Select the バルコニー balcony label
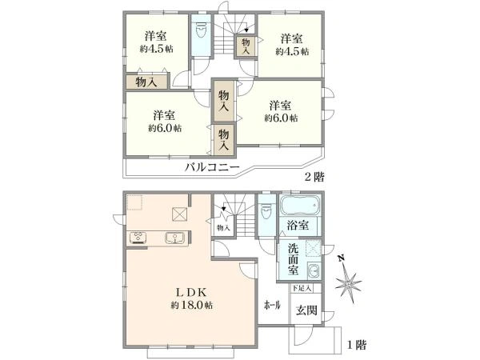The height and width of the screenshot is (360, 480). pyautogui.click(x=212, y=168)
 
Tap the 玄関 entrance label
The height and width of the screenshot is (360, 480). pyautogui.click(x=306, y=311)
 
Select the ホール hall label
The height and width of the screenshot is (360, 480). pyautogui.click(x=272, y=306)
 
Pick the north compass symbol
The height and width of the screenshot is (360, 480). pyautogui.click(x=349, y=281)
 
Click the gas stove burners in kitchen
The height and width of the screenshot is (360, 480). pyautogui.click(x=137, y=237)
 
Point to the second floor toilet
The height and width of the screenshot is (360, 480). pyautogui.click(x=201, y=34)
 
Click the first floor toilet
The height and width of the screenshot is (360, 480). pyautogui.click(x=266, y=213)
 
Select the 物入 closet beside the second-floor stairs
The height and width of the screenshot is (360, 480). pyautogui.click(x=246, y=46)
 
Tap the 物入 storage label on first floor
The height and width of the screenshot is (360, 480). pyautogui.click(x=222, y=228)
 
